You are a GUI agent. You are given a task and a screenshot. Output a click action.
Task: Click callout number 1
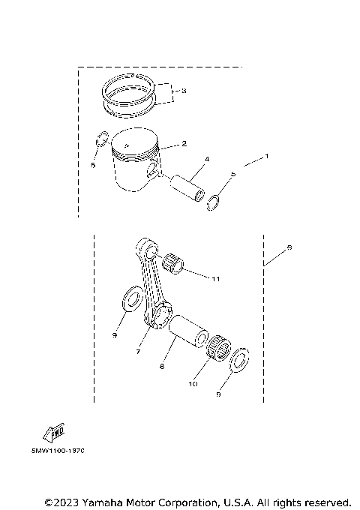265,157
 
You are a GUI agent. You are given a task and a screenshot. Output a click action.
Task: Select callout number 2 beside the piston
184,143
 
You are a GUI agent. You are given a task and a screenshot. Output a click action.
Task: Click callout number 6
289,247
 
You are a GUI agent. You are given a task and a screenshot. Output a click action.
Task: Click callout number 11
215,279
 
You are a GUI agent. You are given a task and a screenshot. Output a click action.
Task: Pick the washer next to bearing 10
240,359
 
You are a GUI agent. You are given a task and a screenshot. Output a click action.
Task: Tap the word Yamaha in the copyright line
108,501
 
